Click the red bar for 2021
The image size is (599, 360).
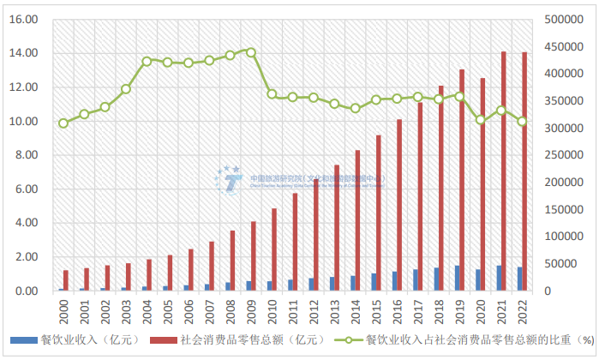[x=503, y=171]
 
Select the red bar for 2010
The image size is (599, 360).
[x=274, y=249]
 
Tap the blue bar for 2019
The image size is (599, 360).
[x=457, y=279]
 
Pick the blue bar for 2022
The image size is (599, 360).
[x=518, y=279]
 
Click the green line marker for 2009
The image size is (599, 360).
[x=251, y=51]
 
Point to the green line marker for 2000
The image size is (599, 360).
[x=63, y=123]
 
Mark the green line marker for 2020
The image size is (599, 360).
[x=481, y=120]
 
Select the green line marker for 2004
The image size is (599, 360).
[x=147, y=62]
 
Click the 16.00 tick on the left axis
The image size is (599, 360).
[x=23, y=19]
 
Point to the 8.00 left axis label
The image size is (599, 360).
[x=23, y=155]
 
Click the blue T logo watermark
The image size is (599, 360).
[x=229, y=178]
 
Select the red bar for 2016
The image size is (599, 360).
[x=399, y=205]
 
